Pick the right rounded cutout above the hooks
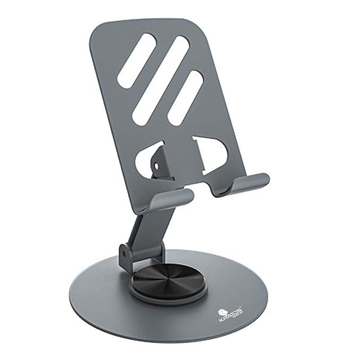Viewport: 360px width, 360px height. point(215,154)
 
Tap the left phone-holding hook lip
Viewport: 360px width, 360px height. point(171,201)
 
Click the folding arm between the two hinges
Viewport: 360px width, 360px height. point(144,228)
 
